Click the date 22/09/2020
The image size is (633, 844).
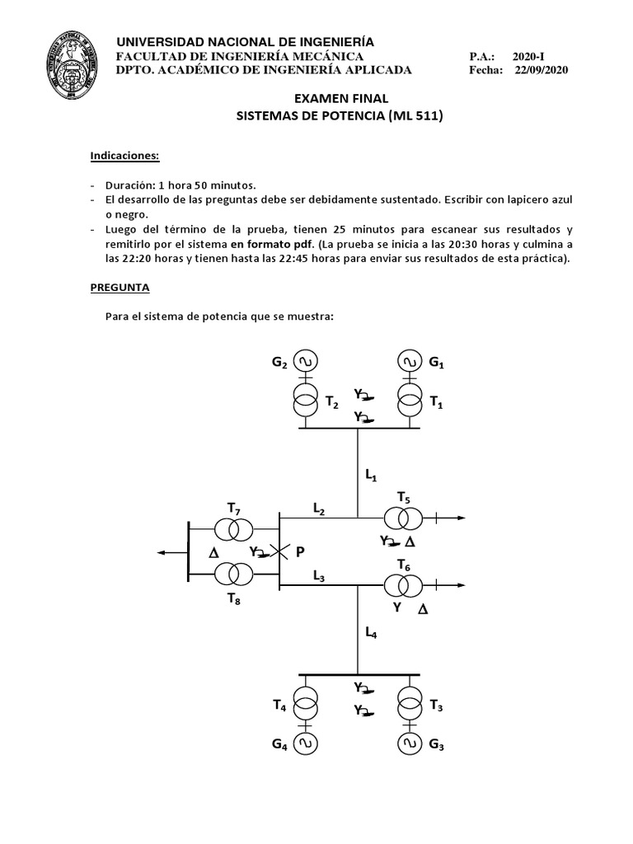point(542,70)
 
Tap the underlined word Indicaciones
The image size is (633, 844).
point(124,155)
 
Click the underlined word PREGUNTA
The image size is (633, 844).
point(120,289)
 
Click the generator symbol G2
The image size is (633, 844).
point(306,361)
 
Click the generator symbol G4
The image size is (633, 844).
point(306,744)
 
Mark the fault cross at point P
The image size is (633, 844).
point(279,552)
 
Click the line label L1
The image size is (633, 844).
point(371,475)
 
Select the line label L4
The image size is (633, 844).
point(371,632)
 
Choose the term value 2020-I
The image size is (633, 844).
point(528,56)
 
